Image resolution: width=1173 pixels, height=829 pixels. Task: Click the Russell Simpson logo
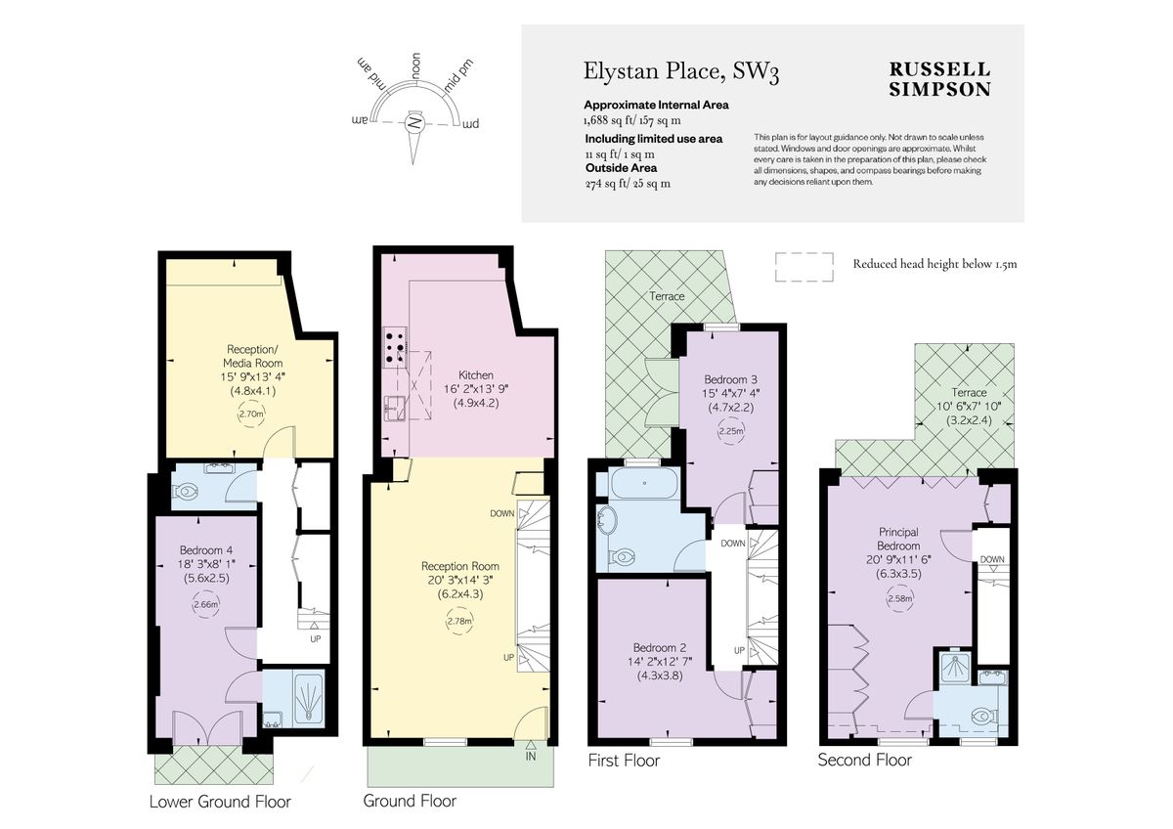938,79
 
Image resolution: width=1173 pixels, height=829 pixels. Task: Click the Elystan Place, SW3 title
681,71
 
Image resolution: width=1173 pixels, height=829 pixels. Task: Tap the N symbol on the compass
415,124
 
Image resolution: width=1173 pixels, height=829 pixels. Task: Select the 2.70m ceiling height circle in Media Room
251,414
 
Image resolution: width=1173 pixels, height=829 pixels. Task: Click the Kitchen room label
476,374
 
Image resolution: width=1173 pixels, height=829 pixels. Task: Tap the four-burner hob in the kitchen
396,346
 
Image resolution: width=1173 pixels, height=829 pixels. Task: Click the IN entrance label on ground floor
531,756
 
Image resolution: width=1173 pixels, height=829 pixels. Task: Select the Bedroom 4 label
206,549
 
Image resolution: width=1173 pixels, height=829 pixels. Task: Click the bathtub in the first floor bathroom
645,484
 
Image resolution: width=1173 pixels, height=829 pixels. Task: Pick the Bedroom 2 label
660,647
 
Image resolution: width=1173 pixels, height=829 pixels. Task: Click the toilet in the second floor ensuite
981,718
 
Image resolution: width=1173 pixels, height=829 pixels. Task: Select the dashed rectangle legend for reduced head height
804,264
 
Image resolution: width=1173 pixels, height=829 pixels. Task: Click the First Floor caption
624,760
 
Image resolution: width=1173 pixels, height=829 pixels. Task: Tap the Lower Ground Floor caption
220,802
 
